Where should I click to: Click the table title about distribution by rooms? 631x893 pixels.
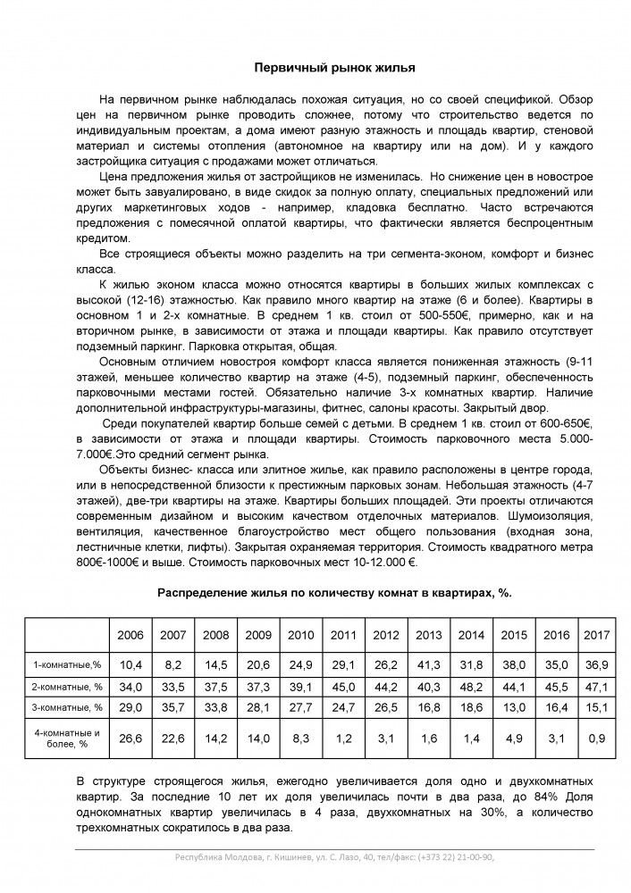pyautogui.click(x=334, y=592)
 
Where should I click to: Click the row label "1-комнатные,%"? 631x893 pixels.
pyautogui.click(x=66, y=664)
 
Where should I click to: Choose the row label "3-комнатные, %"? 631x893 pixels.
pyautogui.click(x=66, y=707)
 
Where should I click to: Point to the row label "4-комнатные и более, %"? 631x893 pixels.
pyautogui.click(x=66, y=738)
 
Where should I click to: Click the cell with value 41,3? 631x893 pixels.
pyautogui.click(x=429, y=664)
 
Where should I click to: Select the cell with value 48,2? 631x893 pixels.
pyautogui.click(x=471, y=686)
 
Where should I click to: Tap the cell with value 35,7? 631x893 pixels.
pyautogui.click(x=173, y=707)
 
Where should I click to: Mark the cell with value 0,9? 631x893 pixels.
pyautogui.click(x=596, y=738)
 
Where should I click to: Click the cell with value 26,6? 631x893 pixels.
pyautogui.click(x=130, y=738)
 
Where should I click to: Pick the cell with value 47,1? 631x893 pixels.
pyautogui.click(x=596, y=686)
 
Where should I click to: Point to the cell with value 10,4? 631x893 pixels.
pyautogui.click(x=130, y=664)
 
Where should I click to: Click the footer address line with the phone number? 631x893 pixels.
pyautogui.click(x=334, y=857)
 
